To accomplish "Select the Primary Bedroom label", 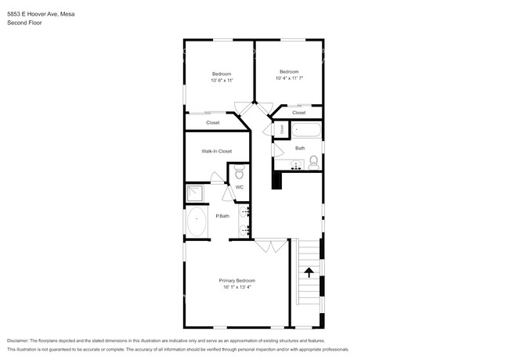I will click(x=236, y=280).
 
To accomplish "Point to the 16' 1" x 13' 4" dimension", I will click(x=236, y=287).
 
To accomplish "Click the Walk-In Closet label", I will click(x=216, y=151).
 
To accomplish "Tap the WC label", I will click(x=240, y=187).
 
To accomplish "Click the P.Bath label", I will click(x=222, y=216).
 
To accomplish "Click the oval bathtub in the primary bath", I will click(x=197, y=222).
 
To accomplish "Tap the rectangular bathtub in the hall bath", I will click(x=304, y=129).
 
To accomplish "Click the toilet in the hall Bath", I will click(x=312, y=162).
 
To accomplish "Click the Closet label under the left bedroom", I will click(x=213, y=123).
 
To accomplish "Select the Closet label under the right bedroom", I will click(x=299, y=113).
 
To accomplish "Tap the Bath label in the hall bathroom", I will click(x=300, y=148).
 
